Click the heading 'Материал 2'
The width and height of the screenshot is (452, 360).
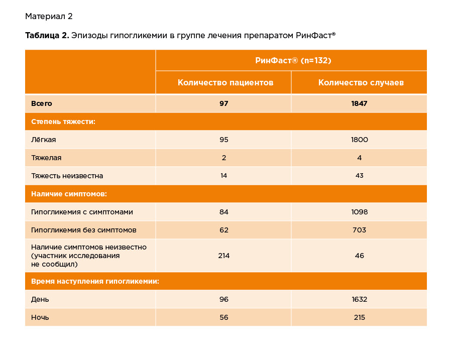49,17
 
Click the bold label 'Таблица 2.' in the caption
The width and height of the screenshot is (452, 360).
47,36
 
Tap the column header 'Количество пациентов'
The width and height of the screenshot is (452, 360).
225,82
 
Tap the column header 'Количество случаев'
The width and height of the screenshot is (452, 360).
361,82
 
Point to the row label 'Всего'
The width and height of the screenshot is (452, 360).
42,104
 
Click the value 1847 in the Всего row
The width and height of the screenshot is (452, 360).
359,104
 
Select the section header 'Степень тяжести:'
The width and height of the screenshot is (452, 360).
63,122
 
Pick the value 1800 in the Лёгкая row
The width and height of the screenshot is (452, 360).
359,140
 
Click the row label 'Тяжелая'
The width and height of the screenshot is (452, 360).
46,158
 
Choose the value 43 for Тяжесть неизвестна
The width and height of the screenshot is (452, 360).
359,176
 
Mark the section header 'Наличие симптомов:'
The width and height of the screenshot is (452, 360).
69,194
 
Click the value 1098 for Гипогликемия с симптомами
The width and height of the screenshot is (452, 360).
359,212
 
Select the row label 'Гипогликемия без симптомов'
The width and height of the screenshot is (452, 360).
84,230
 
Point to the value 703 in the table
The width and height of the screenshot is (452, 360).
359,230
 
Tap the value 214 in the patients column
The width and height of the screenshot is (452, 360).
223,256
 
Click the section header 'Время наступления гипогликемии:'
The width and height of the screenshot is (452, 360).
95,281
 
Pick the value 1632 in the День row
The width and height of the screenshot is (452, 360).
359,299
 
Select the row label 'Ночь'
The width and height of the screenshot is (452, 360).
40,317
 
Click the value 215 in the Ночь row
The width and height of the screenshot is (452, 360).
359,317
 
